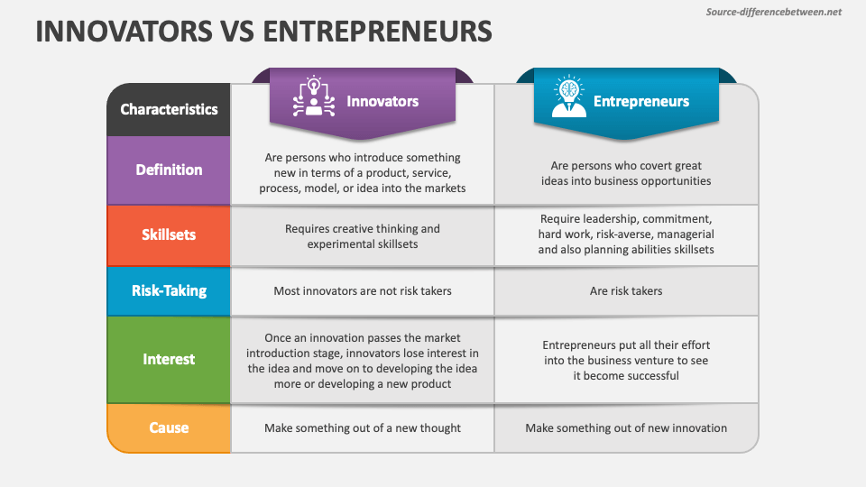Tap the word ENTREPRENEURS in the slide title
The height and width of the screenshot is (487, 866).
tap(379, 32)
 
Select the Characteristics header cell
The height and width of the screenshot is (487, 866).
tap(169, 109)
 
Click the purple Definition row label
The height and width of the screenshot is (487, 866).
tap(169, 170)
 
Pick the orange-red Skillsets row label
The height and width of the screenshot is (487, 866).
tap(169, 235)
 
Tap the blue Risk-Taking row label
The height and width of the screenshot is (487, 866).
tap(169, 290)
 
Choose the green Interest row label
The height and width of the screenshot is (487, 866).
tap(169, 359)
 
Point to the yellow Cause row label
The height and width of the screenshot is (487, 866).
tap(169, 427)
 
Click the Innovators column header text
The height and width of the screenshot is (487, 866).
tap(382, 101)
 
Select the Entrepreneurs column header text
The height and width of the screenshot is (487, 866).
tap(641, 101)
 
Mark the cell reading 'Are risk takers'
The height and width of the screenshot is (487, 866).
tap(626, 291)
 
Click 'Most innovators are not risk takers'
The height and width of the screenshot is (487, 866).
tap(362, 291)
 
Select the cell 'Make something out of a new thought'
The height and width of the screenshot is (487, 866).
tap(362, 428)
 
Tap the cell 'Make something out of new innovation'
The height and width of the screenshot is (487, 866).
tap(626, 428)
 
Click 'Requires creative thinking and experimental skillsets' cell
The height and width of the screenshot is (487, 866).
tap(362, 236)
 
